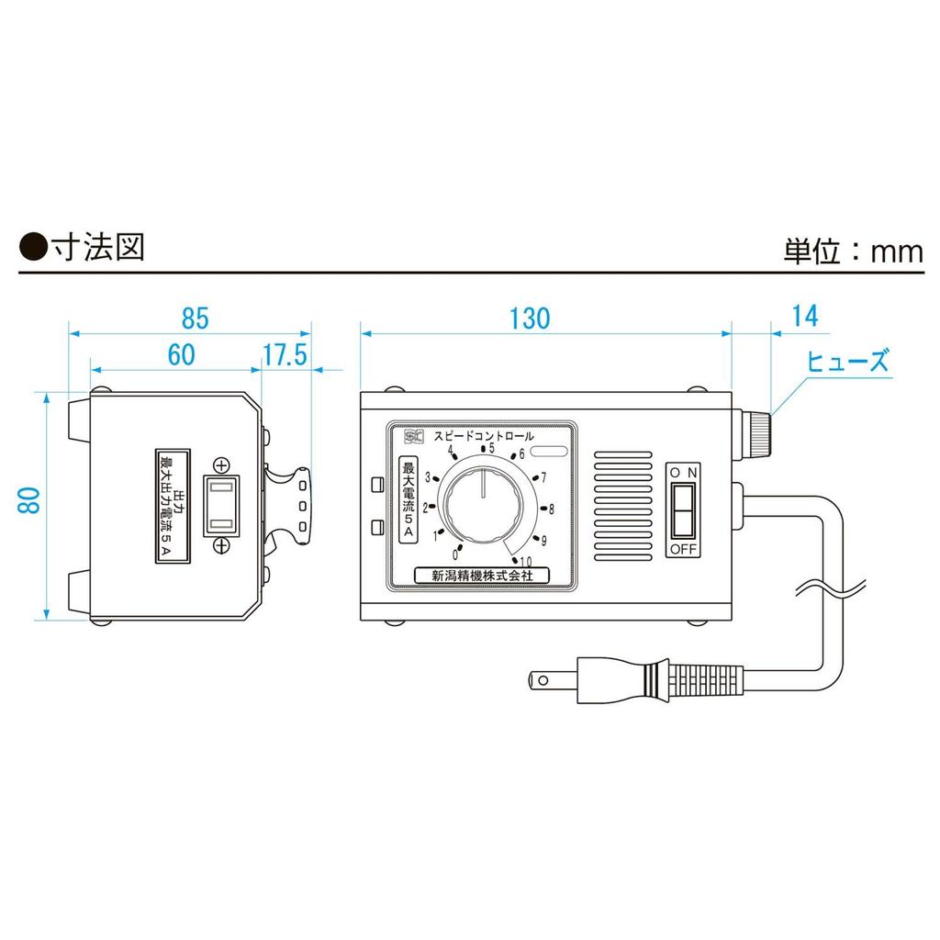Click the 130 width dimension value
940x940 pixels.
tap(531, 318)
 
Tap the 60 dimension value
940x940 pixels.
tap(182, 356)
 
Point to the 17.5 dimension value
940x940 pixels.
tap(284, 356)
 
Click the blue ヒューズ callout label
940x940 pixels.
tap(847, 361)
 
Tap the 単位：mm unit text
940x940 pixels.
tap(853, 251)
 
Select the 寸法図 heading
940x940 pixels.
tap(96, 247)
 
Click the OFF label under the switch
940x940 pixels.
tap(681, 549)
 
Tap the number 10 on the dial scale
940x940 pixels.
tap(525, 562)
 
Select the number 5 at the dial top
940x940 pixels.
tap(491, 449)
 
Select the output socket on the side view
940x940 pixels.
tap(221, 506)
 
